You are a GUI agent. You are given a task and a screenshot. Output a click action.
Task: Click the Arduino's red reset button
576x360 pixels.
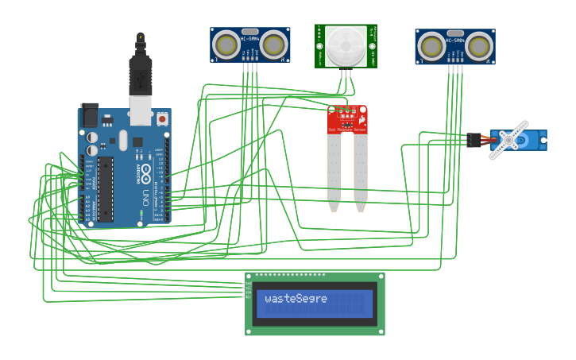(162, 118)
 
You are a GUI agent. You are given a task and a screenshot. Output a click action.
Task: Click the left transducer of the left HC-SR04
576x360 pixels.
(226, 45)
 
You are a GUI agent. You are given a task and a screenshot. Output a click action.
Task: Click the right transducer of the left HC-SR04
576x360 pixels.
(274, 45)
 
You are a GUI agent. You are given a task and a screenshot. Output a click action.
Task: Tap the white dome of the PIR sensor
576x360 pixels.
(346, 46)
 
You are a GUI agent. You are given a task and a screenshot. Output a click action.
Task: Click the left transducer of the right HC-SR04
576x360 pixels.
(431, 47)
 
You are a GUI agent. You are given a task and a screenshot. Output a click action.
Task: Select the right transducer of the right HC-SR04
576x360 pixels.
(479, 47)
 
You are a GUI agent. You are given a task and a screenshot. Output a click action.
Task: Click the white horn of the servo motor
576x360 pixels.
(508, 139)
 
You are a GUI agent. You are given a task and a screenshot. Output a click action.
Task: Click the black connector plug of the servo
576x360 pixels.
(474, 140)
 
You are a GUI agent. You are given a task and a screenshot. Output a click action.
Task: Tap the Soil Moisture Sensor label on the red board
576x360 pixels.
(348, 129)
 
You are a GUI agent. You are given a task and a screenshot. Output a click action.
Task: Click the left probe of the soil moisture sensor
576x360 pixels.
(334, 171)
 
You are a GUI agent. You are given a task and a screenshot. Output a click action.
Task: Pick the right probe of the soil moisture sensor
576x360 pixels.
(361, 171)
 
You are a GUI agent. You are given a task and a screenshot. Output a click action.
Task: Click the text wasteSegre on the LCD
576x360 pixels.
(296, 299)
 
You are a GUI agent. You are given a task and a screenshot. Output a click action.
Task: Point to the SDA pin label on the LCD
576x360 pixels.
(249, 292)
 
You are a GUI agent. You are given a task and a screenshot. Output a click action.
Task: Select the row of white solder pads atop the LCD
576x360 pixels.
(290, 275)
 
